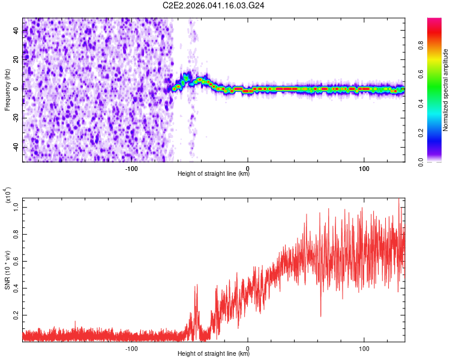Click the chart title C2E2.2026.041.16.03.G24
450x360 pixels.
pyautogui.click(x=214, y=5)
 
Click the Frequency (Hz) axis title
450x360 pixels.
pyautogui.click(x=8, y=89)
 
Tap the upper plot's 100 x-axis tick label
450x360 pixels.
pyautogui.click(x=364, y=168)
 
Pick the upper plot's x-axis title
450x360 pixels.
pyautogui.click(x=214, y=174)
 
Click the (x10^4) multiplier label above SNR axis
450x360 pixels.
pyautogui.click(x=8, y=196)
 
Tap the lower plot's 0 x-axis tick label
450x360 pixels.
pyautogui.click(x=248, y=348)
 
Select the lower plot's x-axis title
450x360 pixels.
pyautogui.click(x=214, y=354)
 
